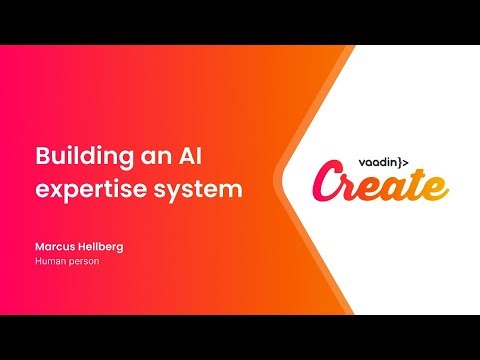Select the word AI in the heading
coord(187,157)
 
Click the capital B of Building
coord(41,157)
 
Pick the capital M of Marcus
coord(39,246)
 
